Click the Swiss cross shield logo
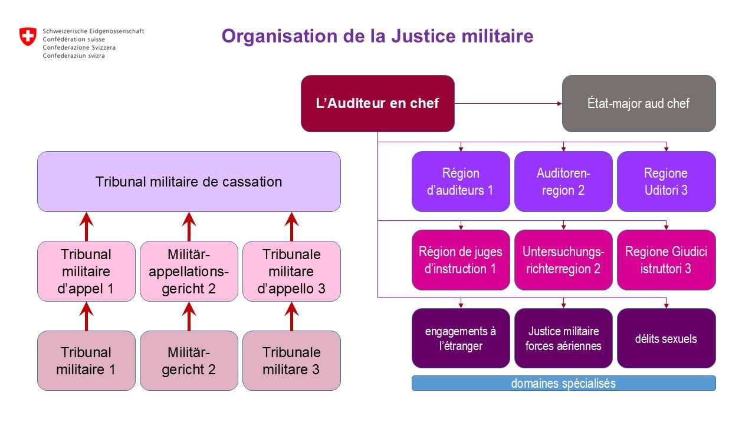point(28,37)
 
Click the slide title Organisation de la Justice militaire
point(377,37)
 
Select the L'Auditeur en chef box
point(377,103)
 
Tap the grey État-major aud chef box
point(638,103)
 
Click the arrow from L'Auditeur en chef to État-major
point(507,104)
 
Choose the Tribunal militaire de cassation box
point(189,181)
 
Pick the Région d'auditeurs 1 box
point(461,181)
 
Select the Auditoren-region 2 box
point(563,181)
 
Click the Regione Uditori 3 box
point(666,181)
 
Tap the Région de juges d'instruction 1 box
point(461,260)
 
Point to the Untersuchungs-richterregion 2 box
point(563,260)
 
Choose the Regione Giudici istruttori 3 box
point(666,260)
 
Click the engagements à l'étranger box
point(461,338)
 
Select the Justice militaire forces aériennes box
point(563,338)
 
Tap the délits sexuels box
point(666,338)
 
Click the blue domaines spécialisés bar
point(563,383)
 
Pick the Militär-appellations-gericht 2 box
point(189,271)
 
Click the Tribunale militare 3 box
point(291,360)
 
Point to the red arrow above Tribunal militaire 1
point(87,316)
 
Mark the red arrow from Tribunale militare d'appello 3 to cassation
point(291,226)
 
